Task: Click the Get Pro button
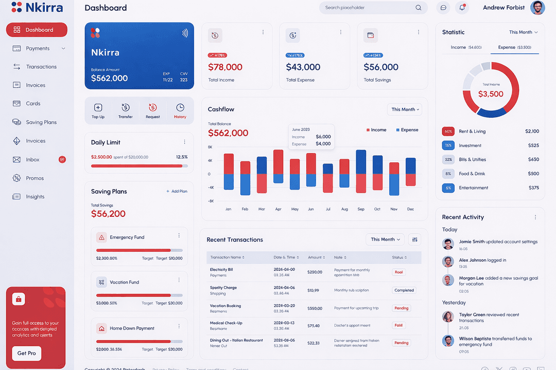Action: pos(27,353)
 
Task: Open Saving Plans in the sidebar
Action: pos(41,122)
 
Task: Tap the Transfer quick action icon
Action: pos(125,107)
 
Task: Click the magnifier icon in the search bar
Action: pos(419,8)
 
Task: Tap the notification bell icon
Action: pos(462,8)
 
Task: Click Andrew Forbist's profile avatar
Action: pos(537,8)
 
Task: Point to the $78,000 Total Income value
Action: pos(225,67)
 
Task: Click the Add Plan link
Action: pos(177,191)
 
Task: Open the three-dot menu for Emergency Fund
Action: pos(179,235)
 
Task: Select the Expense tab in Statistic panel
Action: pos(514,47)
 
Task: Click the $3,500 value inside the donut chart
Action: pos(491,94)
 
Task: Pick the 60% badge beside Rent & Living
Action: pos(448,132)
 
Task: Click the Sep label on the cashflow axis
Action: pos(361,209)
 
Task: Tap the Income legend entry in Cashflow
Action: pos(376,130)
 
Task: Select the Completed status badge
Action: pos(404,290)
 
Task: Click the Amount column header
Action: pos(316,257)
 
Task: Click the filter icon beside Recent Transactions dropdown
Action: pos(414,239)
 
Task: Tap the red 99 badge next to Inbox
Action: pos(62,160)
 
